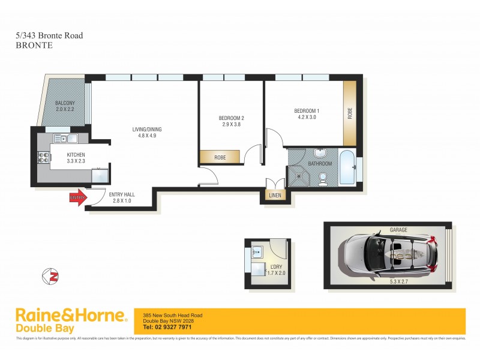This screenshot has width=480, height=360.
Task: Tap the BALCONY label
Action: [64, 106]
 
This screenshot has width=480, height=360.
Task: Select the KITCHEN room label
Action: [77, 158]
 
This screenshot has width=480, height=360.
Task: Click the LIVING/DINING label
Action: [147, 132]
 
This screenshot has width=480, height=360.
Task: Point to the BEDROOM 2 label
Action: [231, 121]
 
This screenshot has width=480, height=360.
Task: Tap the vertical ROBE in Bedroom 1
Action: [350, 113]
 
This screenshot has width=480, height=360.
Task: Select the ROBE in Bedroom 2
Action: [220, 157]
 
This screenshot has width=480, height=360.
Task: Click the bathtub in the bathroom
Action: [346, 167]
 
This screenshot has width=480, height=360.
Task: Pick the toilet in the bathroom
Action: [323, 178]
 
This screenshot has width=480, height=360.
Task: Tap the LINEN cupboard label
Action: [275, 196]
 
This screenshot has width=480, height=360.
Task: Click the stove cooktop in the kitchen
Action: [44, 158]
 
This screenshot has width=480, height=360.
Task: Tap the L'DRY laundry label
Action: [275, 268]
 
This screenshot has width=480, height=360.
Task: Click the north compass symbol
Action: [50, 277]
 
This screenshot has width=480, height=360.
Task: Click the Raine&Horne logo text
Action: [70, 316]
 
